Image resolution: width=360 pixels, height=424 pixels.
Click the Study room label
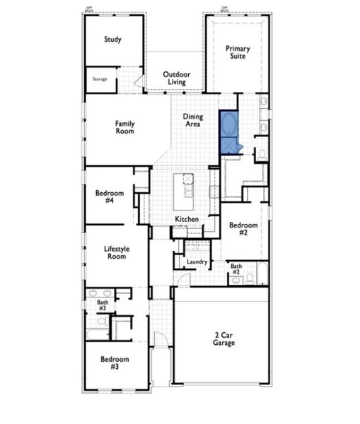112,40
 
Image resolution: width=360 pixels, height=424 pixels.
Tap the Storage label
100,79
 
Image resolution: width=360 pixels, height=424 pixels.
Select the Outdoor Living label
176,78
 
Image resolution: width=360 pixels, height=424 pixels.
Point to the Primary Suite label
238,52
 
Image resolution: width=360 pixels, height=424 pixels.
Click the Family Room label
125,127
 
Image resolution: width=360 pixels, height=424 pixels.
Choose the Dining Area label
193,120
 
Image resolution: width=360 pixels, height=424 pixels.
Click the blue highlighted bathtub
228,125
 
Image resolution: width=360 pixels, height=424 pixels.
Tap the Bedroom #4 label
110,197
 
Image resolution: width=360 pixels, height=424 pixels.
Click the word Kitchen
187,220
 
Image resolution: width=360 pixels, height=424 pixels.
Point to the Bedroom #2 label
243,228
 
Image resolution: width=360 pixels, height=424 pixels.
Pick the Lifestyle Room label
115,252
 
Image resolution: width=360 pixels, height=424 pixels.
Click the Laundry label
197,262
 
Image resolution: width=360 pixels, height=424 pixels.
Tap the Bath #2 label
236,269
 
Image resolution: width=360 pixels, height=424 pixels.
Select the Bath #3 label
103,305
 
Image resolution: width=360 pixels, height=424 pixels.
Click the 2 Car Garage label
225,338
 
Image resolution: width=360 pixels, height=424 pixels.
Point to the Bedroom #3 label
113,363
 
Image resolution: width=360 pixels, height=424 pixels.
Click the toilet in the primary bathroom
261,153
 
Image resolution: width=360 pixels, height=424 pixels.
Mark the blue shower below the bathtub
228,146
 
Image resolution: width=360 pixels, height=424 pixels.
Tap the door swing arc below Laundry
183,280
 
